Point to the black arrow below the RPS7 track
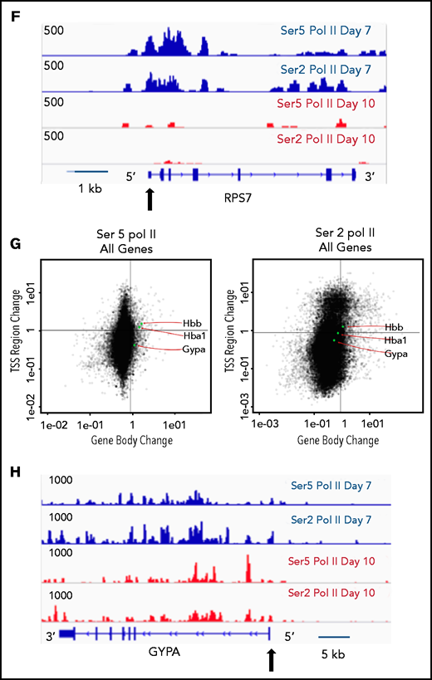coord(150,199)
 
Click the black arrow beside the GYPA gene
coord(270,660)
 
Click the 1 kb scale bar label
coord(89,189)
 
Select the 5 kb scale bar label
coord(335,653)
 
